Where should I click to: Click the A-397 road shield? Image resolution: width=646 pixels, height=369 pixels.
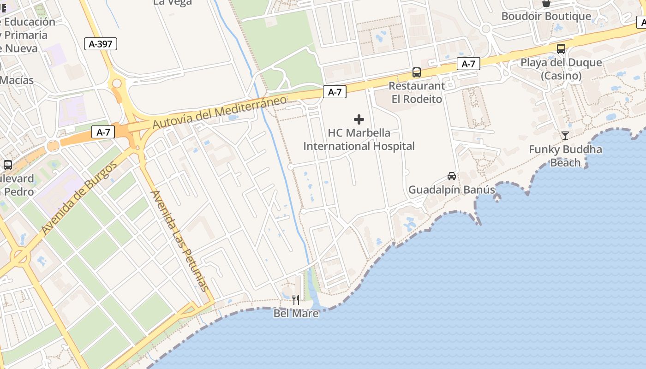pos(101,44)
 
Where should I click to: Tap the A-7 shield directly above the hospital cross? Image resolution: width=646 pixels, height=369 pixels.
pos(335,92)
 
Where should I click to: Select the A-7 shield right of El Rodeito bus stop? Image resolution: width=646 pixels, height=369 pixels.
pos(468,64)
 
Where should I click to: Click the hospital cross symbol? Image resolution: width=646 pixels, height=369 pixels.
pos(359,120)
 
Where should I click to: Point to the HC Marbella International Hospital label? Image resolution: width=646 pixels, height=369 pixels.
pos(359,140)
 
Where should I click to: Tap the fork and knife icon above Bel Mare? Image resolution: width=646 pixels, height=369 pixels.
pos(296,300)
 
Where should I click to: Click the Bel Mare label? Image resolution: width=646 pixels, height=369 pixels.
pos(296,314)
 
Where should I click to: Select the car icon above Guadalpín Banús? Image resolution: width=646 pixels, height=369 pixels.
pos(452,176)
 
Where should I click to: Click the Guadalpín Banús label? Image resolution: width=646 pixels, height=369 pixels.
pos(452,190)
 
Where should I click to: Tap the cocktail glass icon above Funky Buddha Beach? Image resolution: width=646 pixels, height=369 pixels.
pos(565,136)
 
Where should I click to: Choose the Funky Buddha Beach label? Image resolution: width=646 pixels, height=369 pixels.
pos(565,156)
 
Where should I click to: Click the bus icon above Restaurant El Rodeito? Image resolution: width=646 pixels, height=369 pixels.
pos(417,72)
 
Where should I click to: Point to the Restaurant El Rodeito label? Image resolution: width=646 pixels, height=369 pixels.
pos(417,92)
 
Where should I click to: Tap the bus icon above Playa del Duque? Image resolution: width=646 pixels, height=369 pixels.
pos(561,49)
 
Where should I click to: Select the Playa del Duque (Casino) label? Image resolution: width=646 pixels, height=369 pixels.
pos(561,69)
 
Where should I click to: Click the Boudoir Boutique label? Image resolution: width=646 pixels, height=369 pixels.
pos(546,16)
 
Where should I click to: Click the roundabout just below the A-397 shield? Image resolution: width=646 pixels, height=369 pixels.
pos(117,83)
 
